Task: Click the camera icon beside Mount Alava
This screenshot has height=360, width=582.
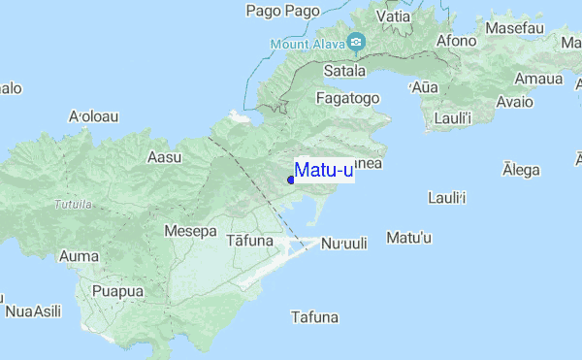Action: pyautogui.click(x=356, y=42)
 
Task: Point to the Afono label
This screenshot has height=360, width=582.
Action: pyautogui.click(x=457, y=41)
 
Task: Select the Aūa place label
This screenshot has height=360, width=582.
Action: pyautogui.click(x=425, y=87)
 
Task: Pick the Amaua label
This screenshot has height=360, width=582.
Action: pyautogui.click(x=538, y=79)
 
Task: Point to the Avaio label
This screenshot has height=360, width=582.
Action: pyautogui.click(x=514, y=101)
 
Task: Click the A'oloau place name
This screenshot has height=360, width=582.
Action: pyautogui.click(x=93, y=116)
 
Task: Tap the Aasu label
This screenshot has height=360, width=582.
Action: pyautogui.click(x=164, y=156)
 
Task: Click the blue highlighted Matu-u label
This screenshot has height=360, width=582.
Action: pyautogui.click(x=323, y=171)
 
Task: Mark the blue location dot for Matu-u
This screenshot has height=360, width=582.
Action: pyautogui.click(x=291, y=180)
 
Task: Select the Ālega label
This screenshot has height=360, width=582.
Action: pyautogui.click(x=521, y=170)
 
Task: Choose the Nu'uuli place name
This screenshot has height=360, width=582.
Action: pyautogui.click(x=344, y=244)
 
